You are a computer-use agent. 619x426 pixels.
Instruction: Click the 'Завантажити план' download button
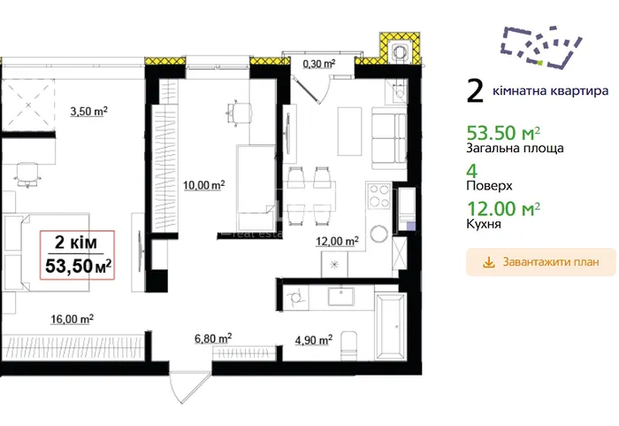pyautogui.click(x=541, y=262)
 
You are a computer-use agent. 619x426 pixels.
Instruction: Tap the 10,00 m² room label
pyautogui.click(x=204, y=185)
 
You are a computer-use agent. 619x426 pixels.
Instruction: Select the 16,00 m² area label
pyautogui.click(x=72, y=319)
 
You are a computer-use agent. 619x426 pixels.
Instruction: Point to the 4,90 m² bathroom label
pyautogui.click(x=314, y=340)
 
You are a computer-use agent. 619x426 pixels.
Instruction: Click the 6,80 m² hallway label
pyautogui.click(x=213, y=338)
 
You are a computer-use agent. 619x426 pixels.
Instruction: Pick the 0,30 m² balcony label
pyautogui.click(x=319, y=63)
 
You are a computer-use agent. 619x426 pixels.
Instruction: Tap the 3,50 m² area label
pyautogui.click(x=88, y=112)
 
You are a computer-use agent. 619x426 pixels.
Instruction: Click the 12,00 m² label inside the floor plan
pyautogui.click(x=337, y=241)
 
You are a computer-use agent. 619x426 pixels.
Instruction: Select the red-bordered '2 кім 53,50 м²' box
pyautogui.click(x=78, y=255)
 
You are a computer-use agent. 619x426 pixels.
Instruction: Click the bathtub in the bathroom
pyautogui.click(x=391, y=327)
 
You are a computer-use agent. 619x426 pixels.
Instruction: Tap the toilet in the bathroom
pyautogui.click(x=348, y=345)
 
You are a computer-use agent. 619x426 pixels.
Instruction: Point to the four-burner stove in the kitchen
pyautogui.click(x=379, y=196)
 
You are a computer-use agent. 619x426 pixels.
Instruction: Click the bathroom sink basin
pyautogui.click(x=341, y=297)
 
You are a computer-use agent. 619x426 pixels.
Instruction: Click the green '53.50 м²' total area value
pyautogui.click(x=503, y=133)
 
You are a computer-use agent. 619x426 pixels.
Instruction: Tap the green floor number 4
pyautogui.click(x=472, y=171)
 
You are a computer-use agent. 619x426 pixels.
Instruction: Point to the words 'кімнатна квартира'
pyautogui.click(x=551, y=91)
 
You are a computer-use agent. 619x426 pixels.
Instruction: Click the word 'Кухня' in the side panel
pyautogui.click(x=484, y=224)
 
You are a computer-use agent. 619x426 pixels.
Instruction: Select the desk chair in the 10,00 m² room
pyautogui.click(x=239, y=112)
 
